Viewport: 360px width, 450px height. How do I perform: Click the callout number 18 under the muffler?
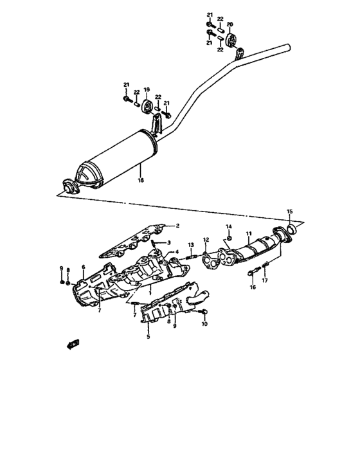[x=140, y=181]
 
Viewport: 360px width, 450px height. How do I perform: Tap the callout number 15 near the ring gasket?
[x=289, y=212]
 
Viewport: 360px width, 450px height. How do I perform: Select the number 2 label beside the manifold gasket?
[x=179, y=226]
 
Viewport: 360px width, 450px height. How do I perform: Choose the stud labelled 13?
[x=191, y=258]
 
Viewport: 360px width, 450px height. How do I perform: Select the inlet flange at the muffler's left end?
[x=67, y=187]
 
